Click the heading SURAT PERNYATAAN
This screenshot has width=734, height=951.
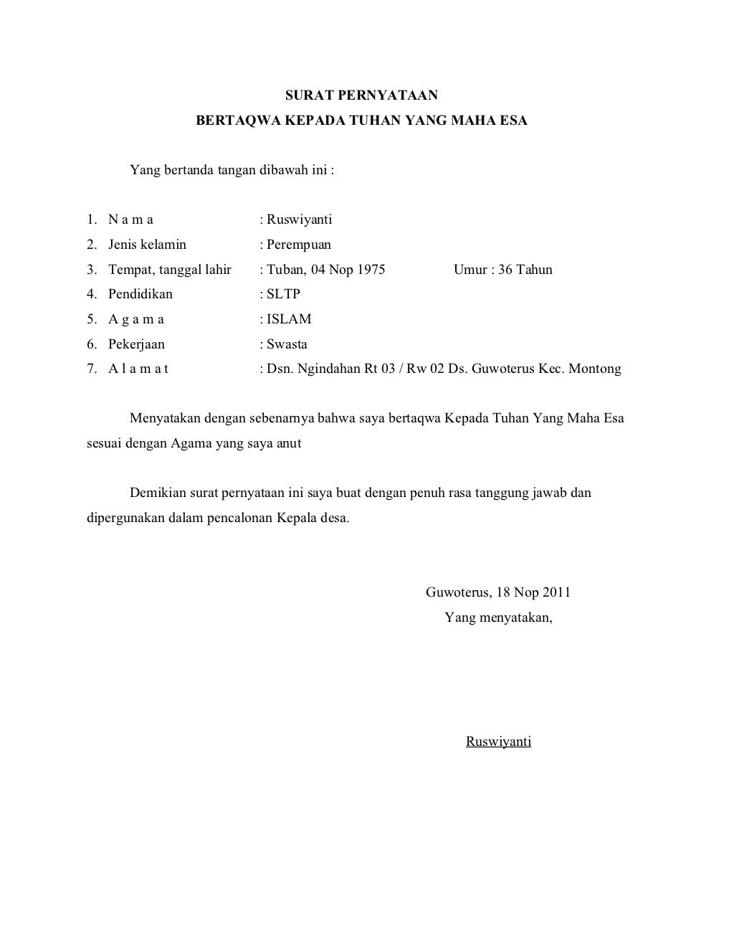point(361,95)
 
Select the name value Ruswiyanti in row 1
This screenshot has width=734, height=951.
point(300,219)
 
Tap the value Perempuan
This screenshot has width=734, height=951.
point(299,245)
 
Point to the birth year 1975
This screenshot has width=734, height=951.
point(371,270)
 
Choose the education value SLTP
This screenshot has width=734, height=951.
point(283,294)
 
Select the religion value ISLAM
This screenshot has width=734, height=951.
point(289,319)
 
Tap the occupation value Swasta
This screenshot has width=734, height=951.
point(287,344)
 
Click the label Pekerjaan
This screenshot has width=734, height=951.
point(136,344)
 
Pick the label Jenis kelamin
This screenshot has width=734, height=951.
point(147,245)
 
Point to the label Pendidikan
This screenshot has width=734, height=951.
point(140,294)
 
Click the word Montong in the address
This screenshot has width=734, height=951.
point(594,369)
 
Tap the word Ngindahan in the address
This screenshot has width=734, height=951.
point(328,369)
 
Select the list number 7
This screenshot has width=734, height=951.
point(91,369)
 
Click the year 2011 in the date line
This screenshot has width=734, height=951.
point(556,592)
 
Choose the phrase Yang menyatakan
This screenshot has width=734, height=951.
point(498,617)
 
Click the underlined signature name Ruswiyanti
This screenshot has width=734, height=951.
point(498,742)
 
